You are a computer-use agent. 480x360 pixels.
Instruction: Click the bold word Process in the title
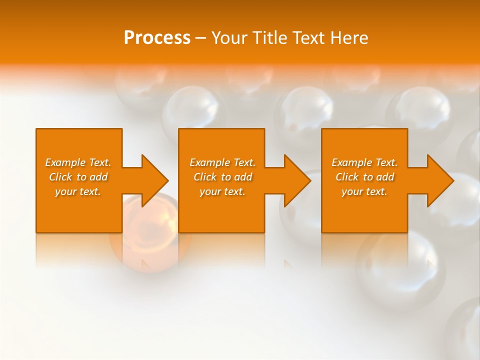pyautogui.click(x=157, y=38)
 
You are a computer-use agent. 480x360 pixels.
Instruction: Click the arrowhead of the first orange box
pyautogui.click(x=154, y=180)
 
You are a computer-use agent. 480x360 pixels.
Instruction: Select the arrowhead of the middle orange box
pyautogui.click(x=296, y=180)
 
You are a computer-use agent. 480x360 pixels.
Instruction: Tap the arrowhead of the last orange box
pyautogui.click(x=439, y=180)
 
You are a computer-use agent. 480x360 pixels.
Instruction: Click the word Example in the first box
pyautogui.click(x=65, y=162)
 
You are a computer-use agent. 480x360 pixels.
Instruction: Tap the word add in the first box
pyautogui.click(x=98, y=177)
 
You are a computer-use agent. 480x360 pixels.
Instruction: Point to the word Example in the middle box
pyautogui.click(x=210, y=162)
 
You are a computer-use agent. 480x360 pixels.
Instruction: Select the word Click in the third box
pyautogui.click(x=346, y=177)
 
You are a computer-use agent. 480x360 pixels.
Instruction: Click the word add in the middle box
pyautogui.click(x=243, y=177)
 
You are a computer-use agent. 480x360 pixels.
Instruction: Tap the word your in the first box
pyautogui.click(x=65, y=191)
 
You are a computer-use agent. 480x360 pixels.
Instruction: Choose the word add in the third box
pyautogui.click(x=385, y=177)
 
